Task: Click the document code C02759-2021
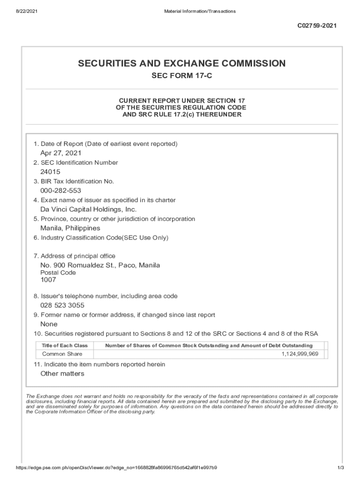click(x=317, y=26)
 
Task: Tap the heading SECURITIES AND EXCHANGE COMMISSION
click(x=181, y=63)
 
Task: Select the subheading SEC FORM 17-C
click(x=181, y=76)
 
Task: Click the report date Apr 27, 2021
click(x=61, y=153)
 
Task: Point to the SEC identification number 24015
click(x=50, y=172)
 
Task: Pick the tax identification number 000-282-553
click(x=60, y=190)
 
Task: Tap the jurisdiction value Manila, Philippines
click(x=70, y=228)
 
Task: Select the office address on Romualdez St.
click(x=100, y=265)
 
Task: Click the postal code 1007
click(x=48, y=280)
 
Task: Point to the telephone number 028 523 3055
click(x=62, y=305)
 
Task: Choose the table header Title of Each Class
click(x=65, y=345)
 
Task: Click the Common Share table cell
click(x=62, y=354)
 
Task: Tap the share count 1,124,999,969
click(x=300, y=354)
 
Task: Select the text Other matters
click(x=62, y=373)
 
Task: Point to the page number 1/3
click(x=340, y=468)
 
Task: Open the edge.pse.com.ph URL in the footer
click(x=116, y=468)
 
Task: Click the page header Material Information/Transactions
click(x=200, y=11)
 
